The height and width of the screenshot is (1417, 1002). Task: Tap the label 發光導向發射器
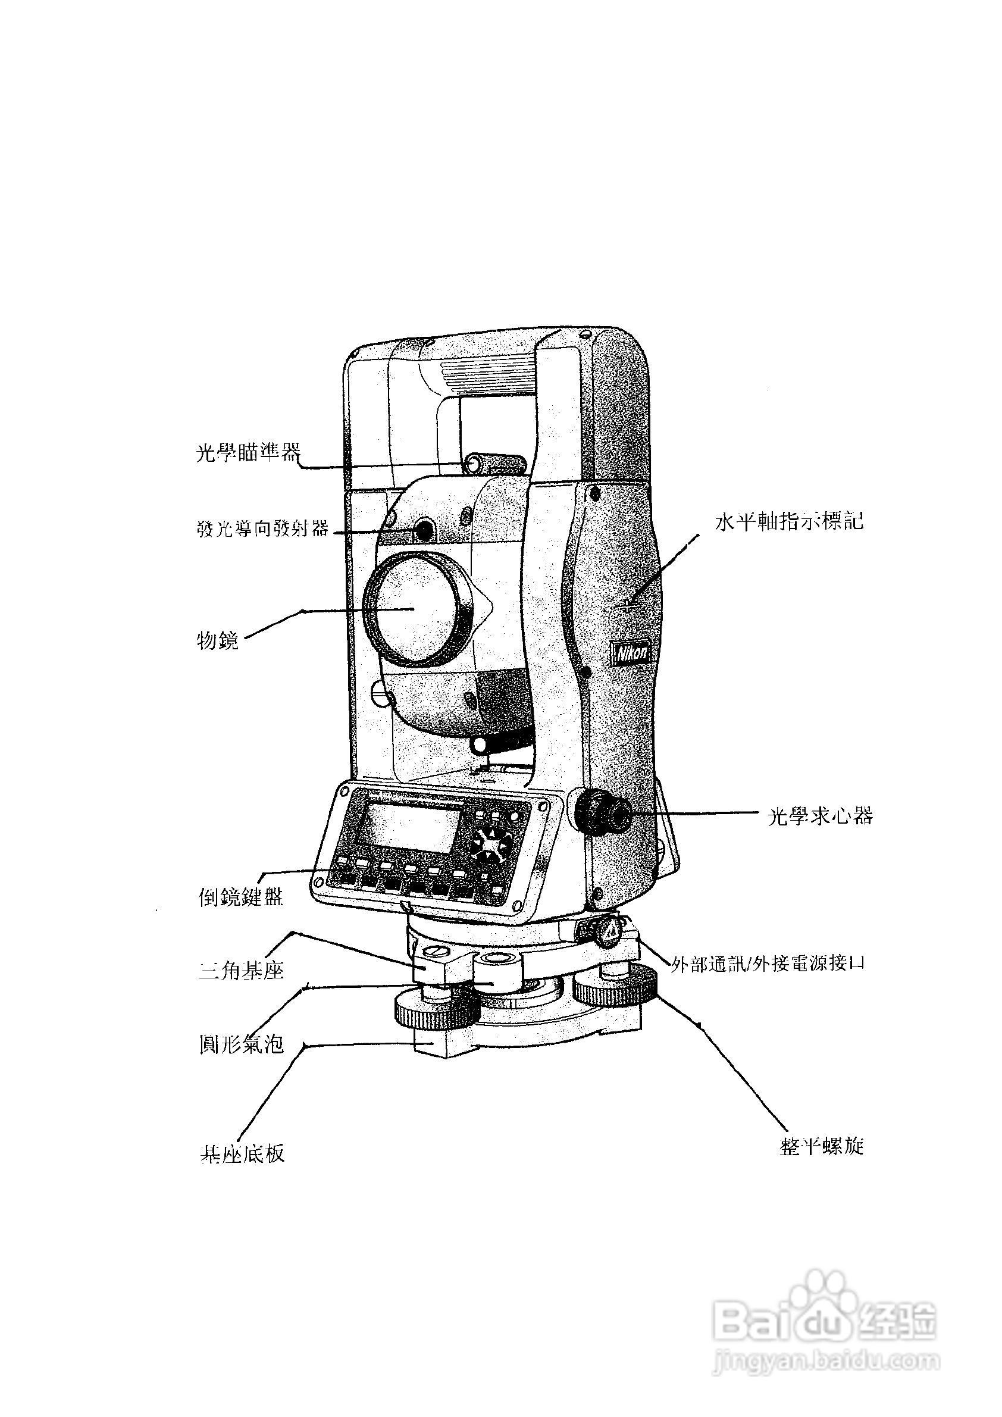click(x=263, y=529)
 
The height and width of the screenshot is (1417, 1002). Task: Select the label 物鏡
click(x=217, y=640)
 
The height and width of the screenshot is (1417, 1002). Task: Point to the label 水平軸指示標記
click(x=789, y=521)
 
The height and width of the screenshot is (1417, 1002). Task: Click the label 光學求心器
click(x=820, y=817)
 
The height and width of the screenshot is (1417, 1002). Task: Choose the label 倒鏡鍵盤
click(x=240, y=897)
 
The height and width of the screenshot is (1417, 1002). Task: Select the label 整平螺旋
click(x=821, y=1147)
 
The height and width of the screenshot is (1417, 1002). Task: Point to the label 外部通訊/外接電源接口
click(x=768, y=964)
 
